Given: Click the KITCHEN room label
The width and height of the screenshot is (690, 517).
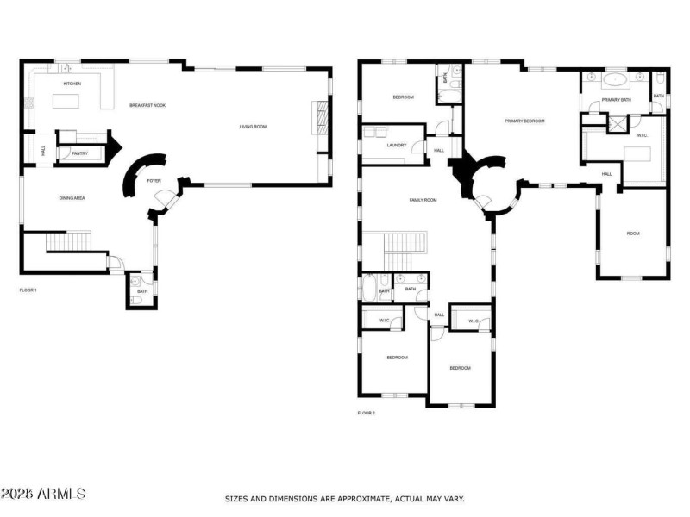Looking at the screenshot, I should point(72,84).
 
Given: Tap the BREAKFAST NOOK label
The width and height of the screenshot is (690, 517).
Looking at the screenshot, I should point(147,105).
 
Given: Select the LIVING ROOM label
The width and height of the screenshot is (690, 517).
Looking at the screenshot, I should point(253,127).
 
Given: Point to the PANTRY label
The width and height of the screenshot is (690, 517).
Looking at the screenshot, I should point(66,153).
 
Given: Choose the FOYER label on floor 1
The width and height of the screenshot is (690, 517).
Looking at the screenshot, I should point(154,181).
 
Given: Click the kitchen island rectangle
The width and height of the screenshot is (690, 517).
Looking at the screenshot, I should point(72,102).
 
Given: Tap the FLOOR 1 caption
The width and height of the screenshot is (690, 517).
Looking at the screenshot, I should point(28,290).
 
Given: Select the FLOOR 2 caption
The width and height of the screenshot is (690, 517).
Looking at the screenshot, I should point(367,413).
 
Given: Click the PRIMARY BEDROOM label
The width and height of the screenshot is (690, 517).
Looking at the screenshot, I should point(524,121).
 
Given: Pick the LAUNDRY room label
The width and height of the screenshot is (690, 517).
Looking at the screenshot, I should point(397,146).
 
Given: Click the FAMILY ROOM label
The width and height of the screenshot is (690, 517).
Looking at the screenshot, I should point(423,200).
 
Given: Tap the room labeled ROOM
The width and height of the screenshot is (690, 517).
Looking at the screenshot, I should point(633,234).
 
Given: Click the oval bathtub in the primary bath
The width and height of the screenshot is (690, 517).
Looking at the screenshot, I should point(615,80).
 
